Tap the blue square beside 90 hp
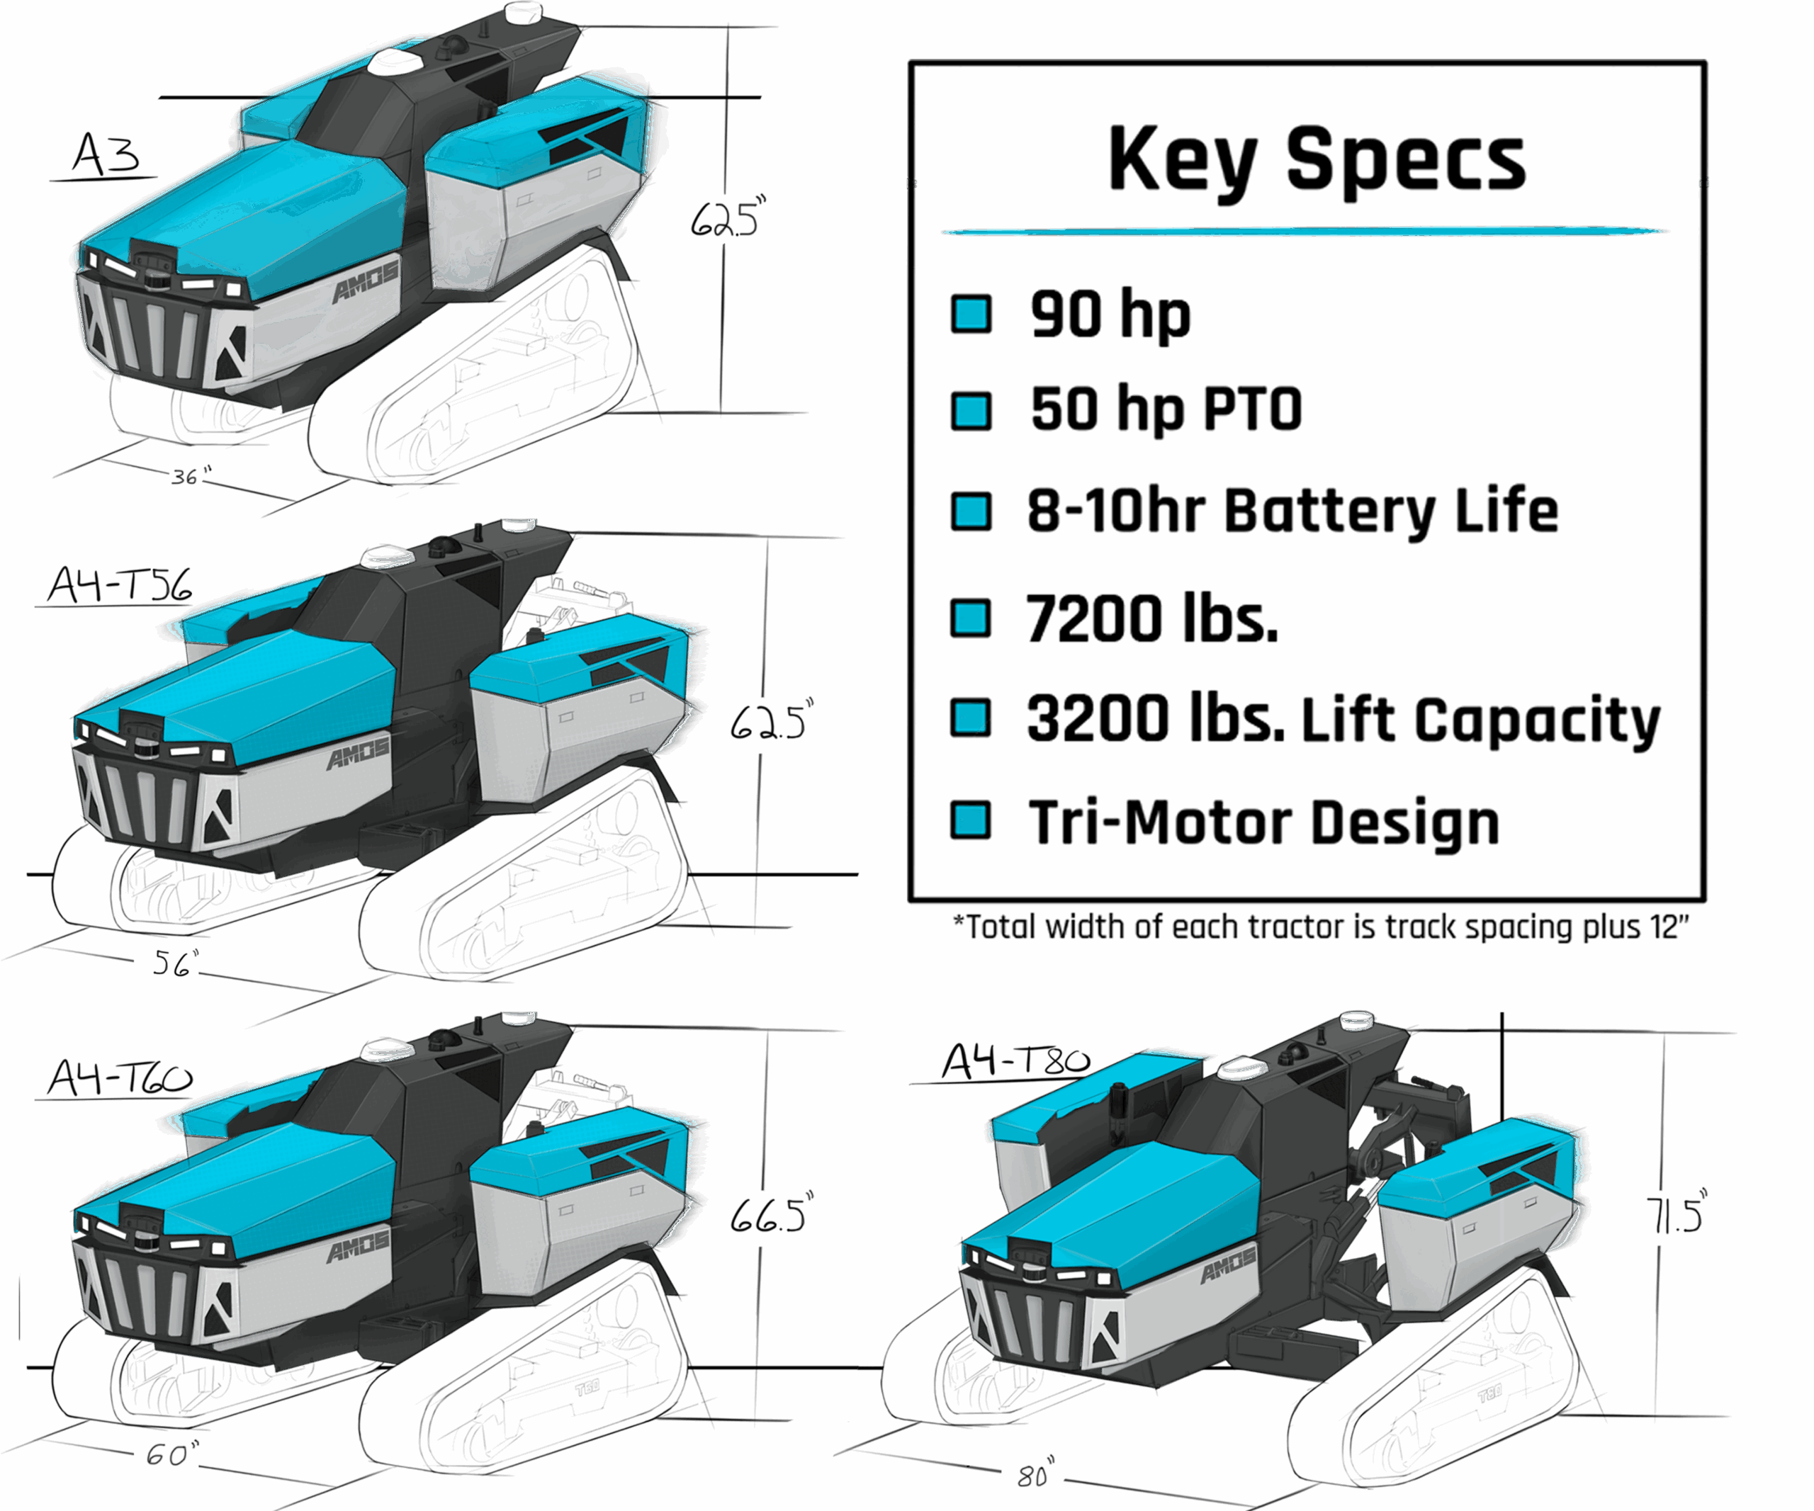click(x=971, y=313)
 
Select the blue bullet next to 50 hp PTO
click(x=971, y=410)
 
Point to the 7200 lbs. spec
click(x=1151, y=619)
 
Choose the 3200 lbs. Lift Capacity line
click(x=1343, y=719)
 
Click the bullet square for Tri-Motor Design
click(x=970, y=820)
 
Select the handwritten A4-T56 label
click(x=119, y=585)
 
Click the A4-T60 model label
click(x=119, y=1077)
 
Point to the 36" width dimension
click(x=191, y=476)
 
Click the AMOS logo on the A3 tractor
click(x=366, y=281)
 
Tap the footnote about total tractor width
click(x=1321, y=927)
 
